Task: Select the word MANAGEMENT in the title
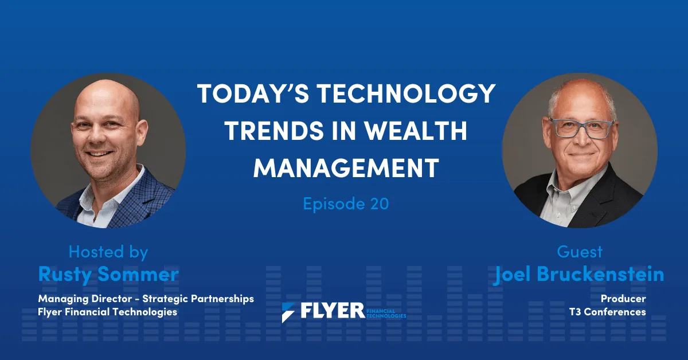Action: (346, 167)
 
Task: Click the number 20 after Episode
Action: (380, 204)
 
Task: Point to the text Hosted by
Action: (108, 252)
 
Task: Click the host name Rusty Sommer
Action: (108, 274)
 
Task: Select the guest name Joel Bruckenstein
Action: (579, 274)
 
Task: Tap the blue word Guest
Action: (580, 252)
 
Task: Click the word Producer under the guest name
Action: (623, 298)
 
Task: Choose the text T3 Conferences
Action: (608, 312)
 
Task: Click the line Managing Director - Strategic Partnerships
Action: (146, 299)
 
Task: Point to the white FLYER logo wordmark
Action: (333, 311)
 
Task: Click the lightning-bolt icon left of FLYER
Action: (288, 312)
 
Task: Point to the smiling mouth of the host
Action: (99, 154)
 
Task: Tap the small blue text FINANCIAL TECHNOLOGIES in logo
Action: (386, 314)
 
